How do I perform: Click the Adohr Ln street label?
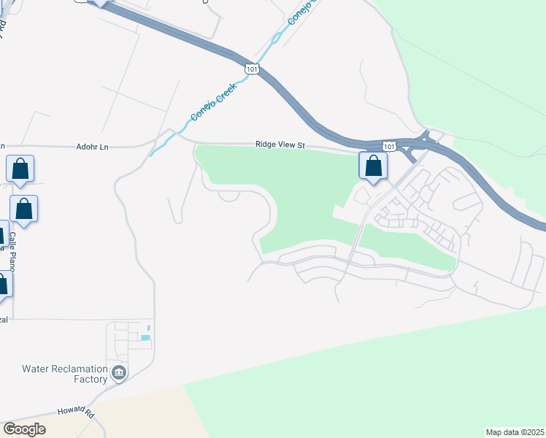point(92,147)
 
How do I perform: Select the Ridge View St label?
point(280,145)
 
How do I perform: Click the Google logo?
point(24,429)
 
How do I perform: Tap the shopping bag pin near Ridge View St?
point(373,166)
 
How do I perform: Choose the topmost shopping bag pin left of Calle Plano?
point(20,169)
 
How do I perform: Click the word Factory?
point(91,379)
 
